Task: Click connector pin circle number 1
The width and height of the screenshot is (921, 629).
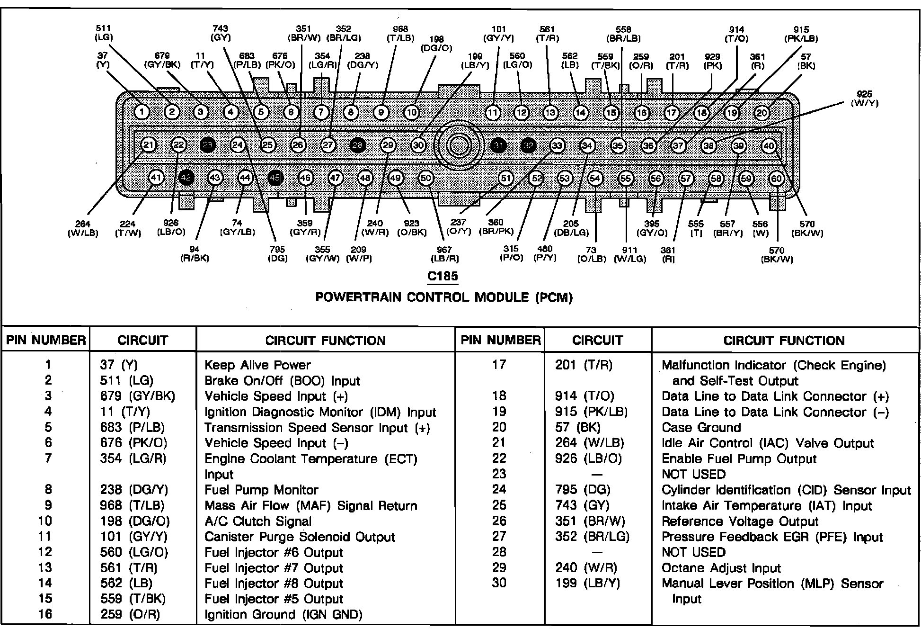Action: (142, 112)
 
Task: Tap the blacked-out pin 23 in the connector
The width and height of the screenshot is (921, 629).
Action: (208, 145)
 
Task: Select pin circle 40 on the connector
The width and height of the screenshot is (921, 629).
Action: (769, 146)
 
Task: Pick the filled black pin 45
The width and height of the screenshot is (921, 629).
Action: (275, 178)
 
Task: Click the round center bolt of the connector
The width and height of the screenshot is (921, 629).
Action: (458, 145)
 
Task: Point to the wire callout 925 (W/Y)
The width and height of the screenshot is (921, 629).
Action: (864, 99)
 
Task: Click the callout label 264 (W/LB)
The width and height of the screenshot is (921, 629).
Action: (83, 228)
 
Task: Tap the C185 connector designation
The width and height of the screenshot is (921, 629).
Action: (443, 276)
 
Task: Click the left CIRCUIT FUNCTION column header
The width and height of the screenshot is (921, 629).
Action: (325, 341)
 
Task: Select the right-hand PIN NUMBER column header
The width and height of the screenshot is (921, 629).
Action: (500, 340)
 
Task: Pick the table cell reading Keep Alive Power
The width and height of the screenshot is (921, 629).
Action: (257, 365)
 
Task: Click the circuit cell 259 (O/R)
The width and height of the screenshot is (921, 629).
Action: (130, 614)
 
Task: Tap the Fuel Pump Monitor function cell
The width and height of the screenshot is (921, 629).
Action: (261, 490)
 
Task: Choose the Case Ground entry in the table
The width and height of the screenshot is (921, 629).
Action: (701, 428)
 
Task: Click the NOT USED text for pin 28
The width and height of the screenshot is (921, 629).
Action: (693, 552)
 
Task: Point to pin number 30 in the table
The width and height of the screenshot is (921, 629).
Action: (499, 583)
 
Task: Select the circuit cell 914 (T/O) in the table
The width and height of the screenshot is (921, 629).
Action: (584, 396)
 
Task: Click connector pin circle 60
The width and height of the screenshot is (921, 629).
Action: (777, 179)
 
